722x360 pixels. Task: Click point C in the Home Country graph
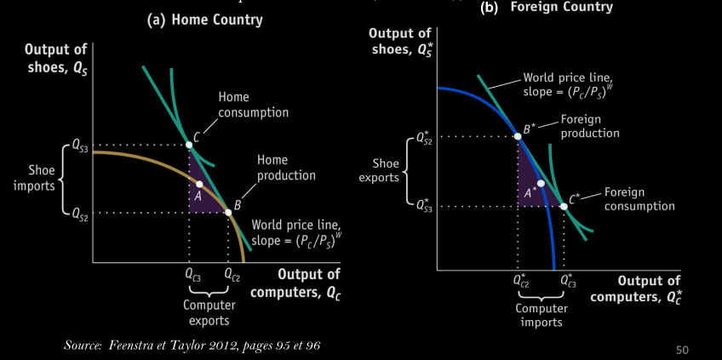[x=189, y=145]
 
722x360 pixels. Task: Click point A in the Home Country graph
[x=199, y=184]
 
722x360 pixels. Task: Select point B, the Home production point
[x=228, y=212]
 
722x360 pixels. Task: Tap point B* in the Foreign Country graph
[x=518, y=135]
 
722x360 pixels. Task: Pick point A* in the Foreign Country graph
[x=541, y=184]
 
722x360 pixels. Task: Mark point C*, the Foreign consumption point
[x=564, y=206]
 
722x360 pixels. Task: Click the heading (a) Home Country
[x=205, y=20]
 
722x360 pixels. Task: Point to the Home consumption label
[x=253, y=105]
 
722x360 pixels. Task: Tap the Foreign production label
[x=590, y=127]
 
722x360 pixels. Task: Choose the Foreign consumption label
[x=639, y=199]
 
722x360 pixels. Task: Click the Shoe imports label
[x=34, y=179]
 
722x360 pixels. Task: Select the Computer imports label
[x=542, y=315]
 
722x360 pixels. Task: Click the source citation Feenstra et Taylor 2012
[x=193, y=345]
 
